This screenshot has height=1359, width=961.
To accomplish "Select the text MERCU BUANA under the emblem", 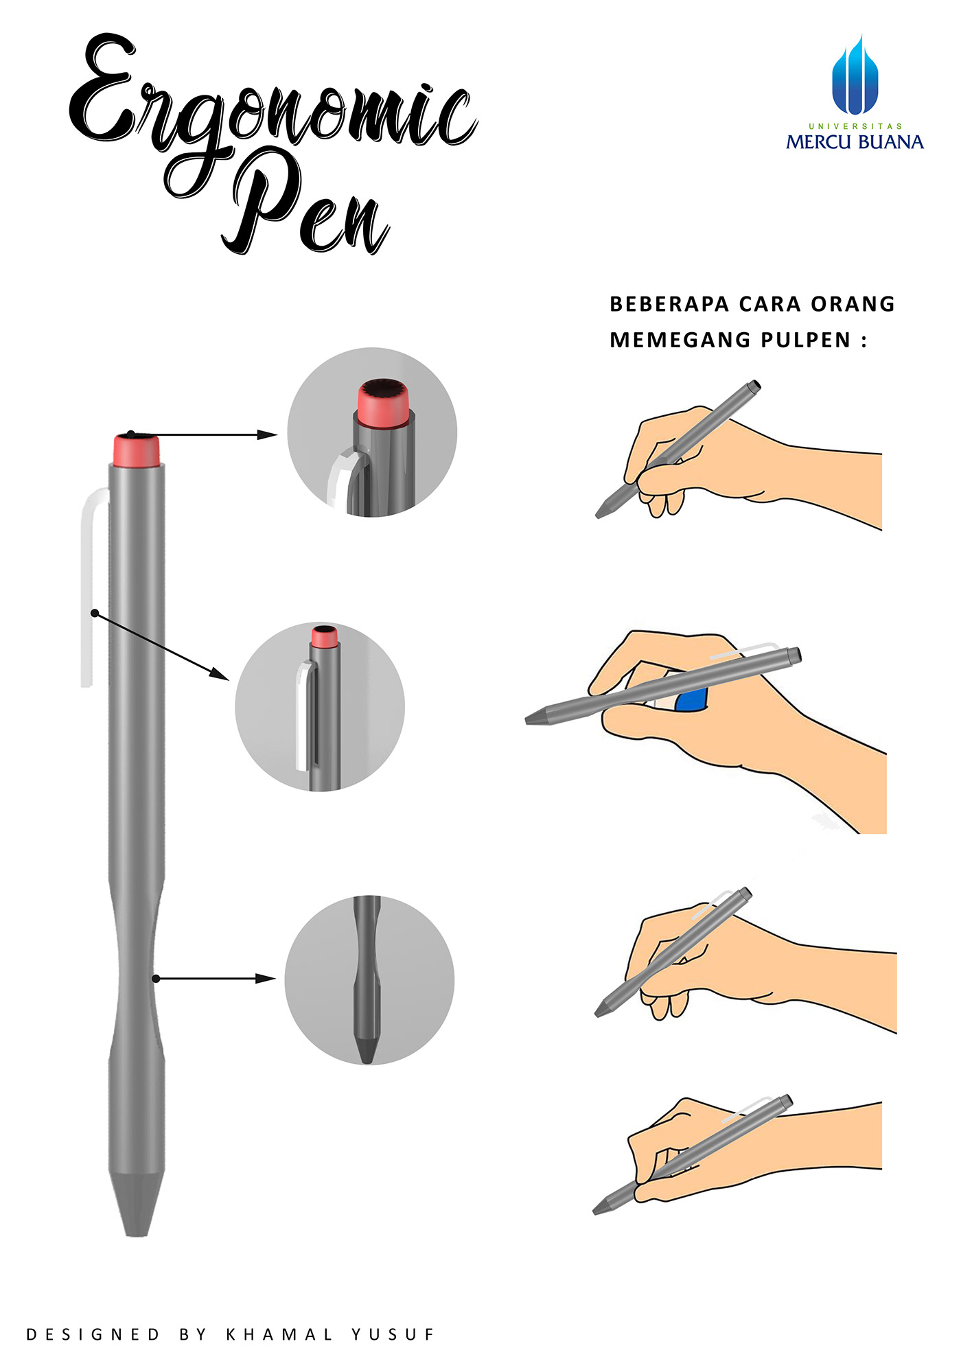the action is point(855,142).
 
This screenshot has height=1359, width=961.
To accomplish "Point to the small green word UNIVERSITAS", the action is point(855,126).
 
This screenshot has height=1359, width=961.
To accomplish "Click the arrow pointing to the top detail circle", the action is point(206,434).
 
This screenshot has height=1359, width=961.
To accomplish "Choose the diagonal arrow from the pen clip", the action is point(161,646).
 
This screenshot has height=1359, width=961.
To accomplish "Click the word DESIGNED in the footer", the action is point(93,1334).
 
